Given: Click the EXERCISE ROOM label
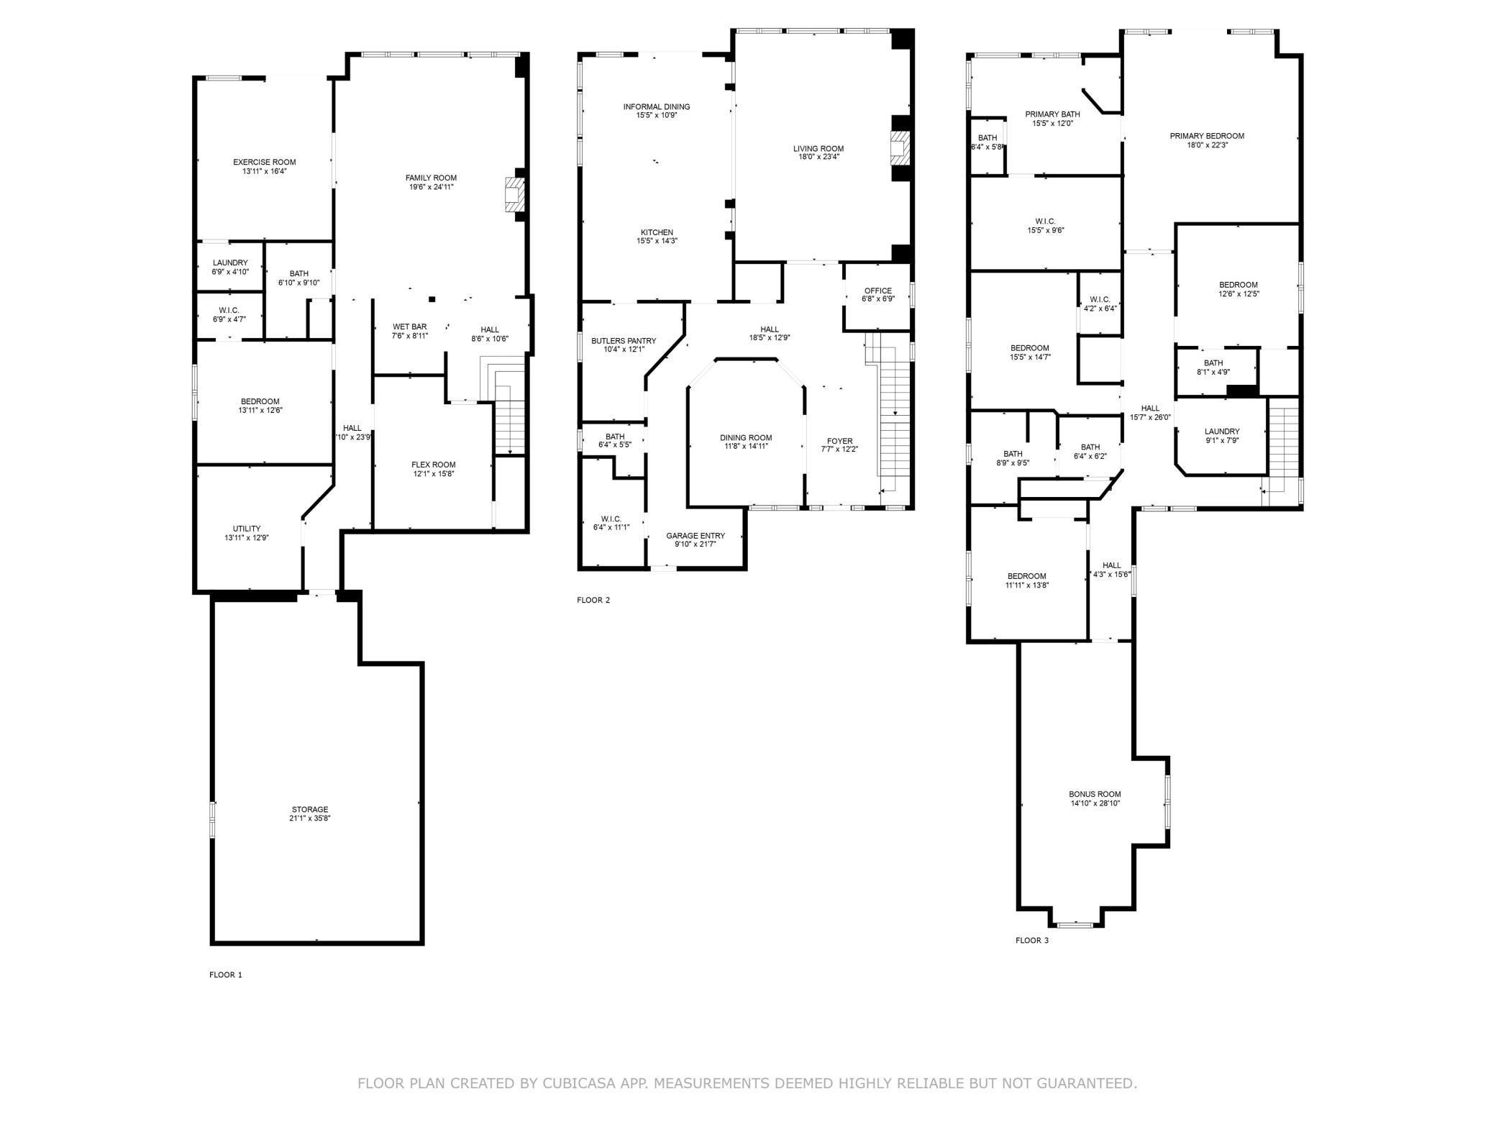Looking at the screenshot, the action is pyautogui.click(x=264, y=163).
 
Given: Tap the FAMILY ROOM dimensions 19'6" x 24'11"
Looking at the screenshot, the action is pyautogui.click(x=431, y=187).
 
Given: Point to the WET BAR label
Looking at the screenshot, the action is pyautogui.click(x=409, y=327).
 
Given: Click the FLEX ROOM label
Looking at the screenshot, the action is pyautogui.click(x=433, y=465).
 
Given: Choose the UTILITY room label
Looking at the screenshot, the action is pyautogui.click(x=247, y=529).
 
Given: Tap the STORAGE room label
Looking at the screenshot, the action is pyautogui.click(x=310, y=809).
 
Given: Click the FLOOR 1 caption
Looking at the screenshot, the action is pyautogui.click(x=226, y=975).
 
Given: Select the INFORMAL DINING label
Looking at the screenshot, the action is pyautogui.click(x=656, y=107).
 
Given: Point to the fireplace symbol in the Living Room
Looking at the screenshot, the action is pyautogui.click(x=899, y=149).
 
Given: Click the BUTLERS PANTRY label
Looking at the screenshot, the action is pyautogui.click(x=624, y=341).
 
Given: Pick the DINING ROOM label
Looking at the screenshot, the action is pyautogui.click(x=746, y=437).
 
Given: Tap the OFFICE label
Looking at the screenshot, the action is pyautogui.click(x=877, y=291).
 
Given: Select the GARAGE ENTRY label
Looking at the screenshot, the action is pyautogui.click(x=695, y=536).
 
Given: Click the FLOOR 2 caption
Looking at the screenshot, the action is pyautogui.click(x=593, y=600).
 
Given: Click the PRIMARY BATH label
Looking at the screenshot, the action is pyautogui.click(x=1052, y=114).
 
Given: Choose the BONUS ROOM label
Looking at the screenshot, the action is pyautogui.click(x=1095, y=795).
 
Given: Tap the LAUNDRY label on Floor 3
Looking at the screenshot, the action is pyautogui.click(x=1222, y=432).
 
